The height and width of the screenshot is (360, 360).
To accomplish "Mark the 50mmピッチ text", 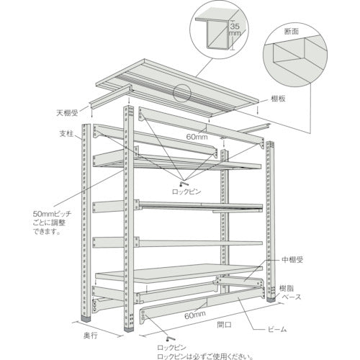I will click(53, 215).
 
